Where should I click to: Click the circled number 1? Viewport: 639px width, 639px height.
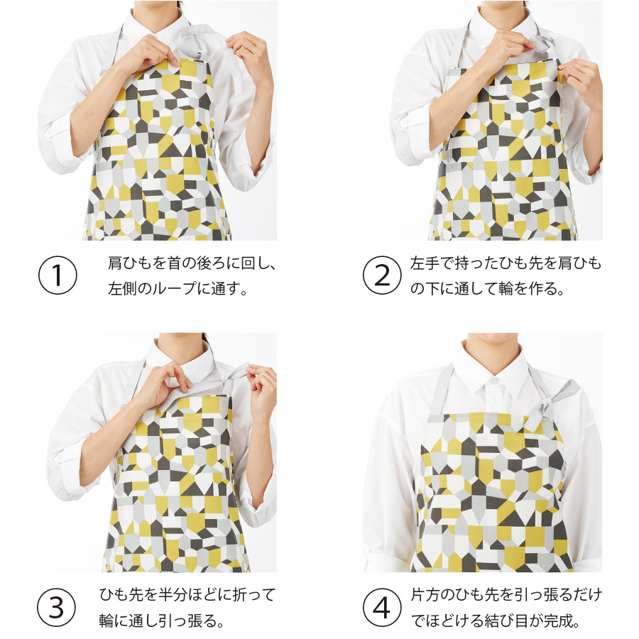(x=58, y=275)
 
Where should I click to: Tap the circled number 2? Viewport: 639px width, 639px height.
(x=382, y=275)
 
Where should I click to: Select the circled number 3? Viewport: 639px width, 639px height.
(x=56, y=607)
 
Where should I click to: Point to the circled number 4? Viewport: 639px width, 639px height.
(x=382, y=607)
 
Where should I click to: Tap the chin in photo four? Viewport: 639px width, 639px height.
(x=494, y=337)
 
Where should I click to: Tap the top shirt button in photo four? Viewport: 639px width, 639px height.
(x=494, y=381)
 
